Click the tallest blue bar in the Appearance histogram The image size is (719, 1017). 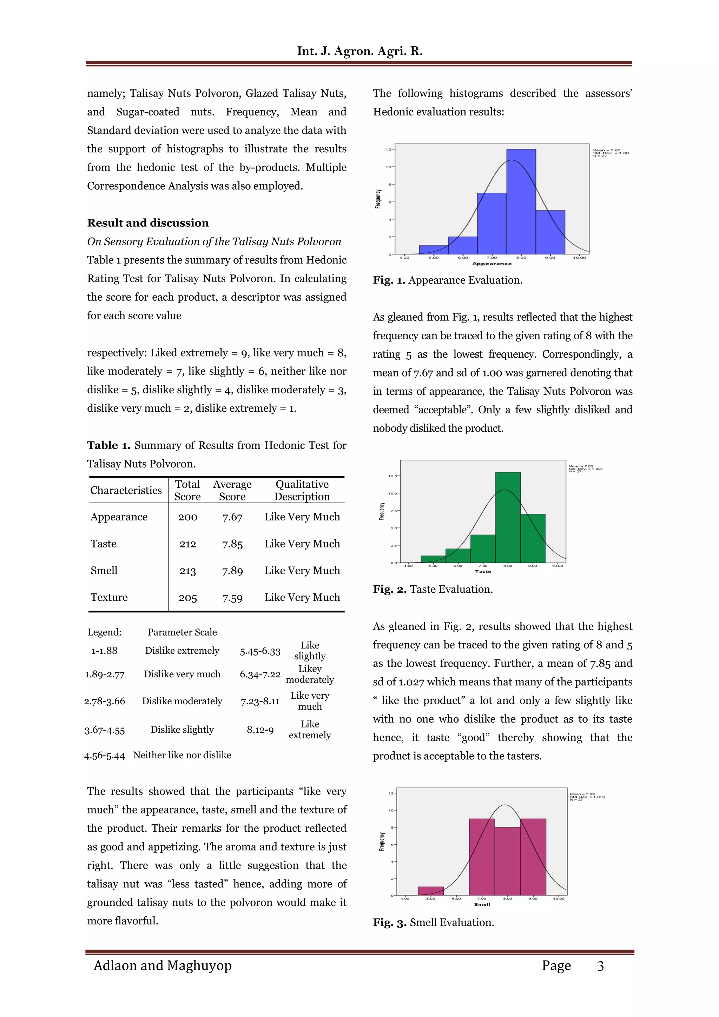pos(521,201)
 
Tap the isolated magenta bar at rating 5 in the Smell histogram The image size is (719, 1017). pos(431,890)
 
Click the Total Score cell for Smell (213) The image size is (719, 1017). pos(187,571)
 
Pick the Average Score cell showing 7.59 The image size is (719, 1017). pos(232,598)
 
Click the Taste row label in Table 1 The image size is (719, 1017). pos(103,544)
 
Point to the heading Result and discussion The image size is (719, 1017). pos(147,223)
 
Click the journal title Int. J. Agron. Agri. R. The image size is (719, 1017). pos(359,51)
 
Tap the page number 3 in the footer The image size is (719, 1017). pos(600,966)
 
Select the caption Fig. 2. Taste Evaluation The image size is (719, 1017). pos(433,589)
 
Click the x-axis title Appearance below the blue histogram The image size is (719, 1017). pos(492,264)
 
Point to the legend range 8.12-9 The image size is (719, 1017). pos(260,730)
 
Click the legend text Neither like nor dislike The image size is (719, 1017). pos(182,755)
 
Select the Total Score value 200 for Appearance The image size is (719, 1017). pos(187,517)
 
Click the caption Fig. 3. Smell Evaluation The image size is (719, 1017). pos(433,922)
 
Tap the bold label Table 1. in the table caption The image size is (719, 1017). pos(108,445)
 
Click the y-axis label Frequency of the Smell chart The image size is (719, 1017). pos(381,841)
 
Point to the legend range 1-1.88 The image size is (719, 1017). pos(105,651)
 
